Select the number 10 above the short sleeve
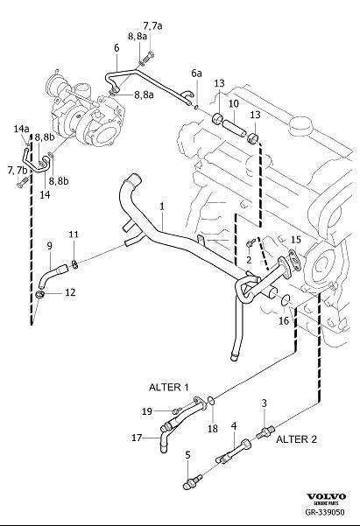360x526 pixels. point(233,103)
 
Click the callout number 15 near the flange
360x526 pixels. point(295,239)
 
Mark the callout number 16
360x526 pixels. point(283,321)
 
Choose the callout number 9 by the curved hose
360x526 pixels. point(50,245)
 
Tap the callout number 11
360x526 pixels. point(74,234)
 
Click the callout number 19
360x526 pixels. point(148,410)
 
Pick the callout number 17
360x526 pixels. point(137,438)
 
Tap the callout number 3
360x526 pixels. point(264,402)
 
